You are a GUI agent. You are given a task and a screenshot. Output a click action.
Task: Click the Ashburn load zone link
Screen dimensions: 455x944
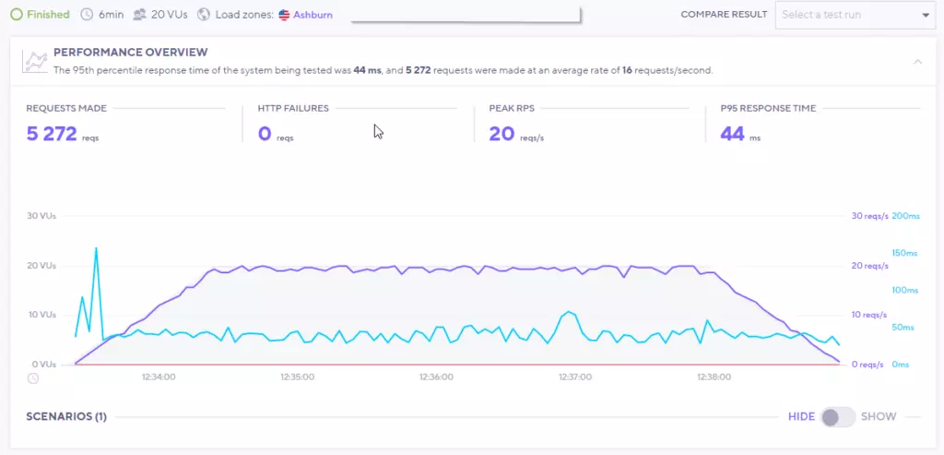(x=313, y=15)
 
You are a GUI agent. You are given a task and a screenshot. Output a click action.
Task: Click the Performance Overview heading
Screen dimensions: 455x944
(x=130, y=53)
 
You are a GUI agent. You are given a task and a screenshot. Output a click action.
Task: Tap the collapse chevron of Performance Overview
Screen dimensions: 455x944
(x=917, y=62)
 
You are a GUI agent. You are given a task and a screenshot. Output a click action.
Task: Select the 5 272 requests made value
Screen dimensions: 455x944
(x=52, y=135)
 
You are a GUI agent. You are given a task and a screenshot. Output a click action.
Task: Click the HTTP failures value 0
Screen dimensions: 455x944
(x=265, y=135)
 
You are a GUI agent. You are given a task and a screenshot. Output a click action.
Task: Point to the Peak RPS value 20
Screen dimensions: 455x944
(x=501, y=135)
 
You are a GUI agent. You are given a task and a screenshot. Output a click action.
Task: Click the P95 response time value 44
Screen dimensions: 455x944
(x=732, y=135)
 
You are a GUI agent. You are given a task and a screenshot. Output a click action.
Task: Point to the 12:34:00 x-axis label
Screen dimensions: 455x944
(x=159, y=377)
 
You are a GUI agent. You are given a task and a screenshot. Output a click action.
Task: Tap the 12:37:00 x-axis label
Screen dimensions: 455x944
(x=575, y=377)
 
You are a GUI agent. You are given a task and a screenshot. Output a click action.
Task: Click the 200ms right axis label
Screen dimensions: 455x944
(x=906, y=216)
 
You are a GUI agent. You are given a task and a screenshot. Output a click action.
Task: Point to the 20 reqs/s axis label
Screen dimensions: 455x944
(x=868, y=266)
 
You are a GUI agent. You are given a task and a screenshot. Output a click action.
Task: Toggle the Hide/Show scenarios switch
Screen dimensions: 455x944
(x=838, y=417)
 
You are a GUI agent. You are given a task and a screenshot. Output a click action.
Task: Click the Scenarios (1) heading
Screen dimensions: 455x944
(x=66, y=417)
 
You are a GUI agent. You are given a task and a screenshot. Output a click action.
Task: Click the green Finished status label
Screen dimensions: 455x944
(x=47, y=15)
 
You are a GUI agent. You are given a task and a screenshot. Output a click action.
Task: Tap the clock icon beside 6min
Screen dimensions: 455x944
(x=87, y=15)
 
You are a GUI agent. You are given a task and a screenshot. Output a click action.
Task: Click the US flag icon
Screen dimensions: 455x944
(x=284, y=15)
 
